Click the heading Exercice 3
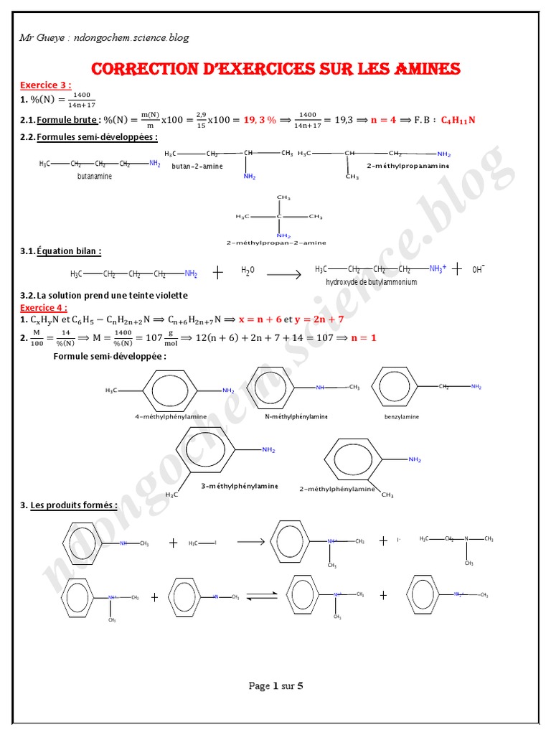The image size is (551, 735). coord(45,85)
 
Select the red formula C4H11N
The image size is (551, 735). coord(458,120)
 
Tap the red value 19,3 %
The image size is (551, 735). coord(260,120)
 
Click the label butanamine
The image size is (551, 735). coord(95,177)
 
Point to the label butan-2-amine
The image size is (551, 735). coord(197,166)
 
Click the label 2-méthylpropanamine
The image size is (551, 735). coord(408,166)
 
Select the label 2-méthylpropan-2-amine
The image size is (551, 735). coord(275,243)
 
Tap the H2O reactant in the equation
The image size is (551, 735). coord(248,271)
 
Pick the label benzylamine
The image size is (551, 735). coord(402,416)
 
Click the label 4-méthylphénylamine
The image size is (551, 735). coord(171,416)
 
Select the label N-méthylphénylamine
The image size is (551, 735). coord(296,416)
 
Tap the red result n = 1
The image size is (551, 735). coord(363,337)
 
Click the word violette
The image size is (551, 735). coord(169,295)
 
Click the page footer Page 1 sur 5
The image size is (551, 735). coord(275,685)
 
